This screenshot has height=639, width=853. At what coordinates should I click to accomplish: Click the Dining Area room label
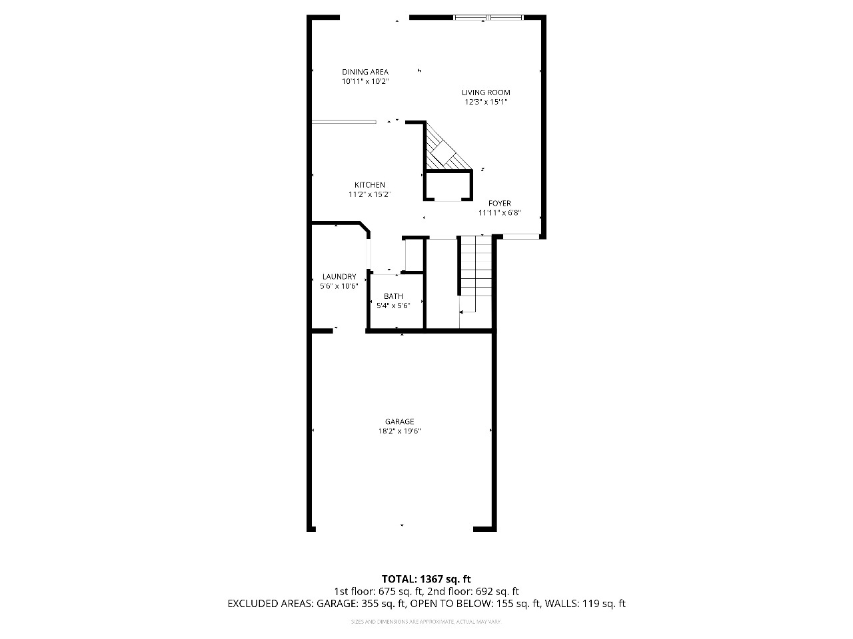[x=365, y=72]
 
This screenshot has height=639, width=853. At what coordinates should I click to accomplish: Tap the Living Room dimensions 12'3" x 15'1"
[x=486, y=103]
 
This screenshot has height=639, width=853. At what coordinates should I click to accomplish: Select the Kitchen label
[x=369, y=185]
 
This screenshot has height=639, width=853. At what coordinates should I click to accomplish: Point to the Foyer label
[x=499, y=204]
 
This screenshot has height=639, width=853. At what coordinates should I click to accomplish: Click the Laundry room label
[x=339, y=277]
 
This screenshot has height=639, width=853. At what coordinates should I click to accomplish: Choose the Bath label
[x=393, y=296]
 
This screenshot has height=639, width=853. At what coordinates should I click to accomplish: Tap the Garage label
[x=399, y=421]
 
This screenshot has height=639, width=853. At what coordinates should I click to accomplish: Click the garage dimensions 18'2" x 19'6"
[x=399, y=431]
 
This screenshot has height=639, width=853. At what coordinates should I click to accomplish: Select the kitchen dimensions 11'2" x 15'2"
[x=369, y=194]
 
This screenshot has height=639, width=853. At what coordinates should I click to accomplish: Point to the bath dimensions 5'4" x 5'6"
[x=393, y=306]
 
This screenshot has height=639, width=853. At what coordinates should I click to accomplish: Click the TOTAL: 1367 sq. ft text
[x=426, y=579]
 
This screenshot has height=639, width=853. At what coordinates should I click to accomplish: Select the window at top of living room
[x=488, y=17]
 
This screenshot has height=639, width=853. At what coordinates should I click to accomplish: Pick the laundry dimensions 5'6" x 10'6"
[x=339, y=286]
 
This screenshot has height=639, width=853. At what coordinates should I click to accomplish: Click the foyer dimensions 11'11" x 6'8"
[x=499, y=213]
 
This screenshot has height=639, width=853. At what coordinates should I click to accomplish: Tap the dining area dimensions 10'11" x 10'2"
[x=365, y=81]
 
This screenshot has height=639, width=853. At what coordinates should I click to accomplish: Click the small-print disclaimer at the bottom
[x=426, y=622]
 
